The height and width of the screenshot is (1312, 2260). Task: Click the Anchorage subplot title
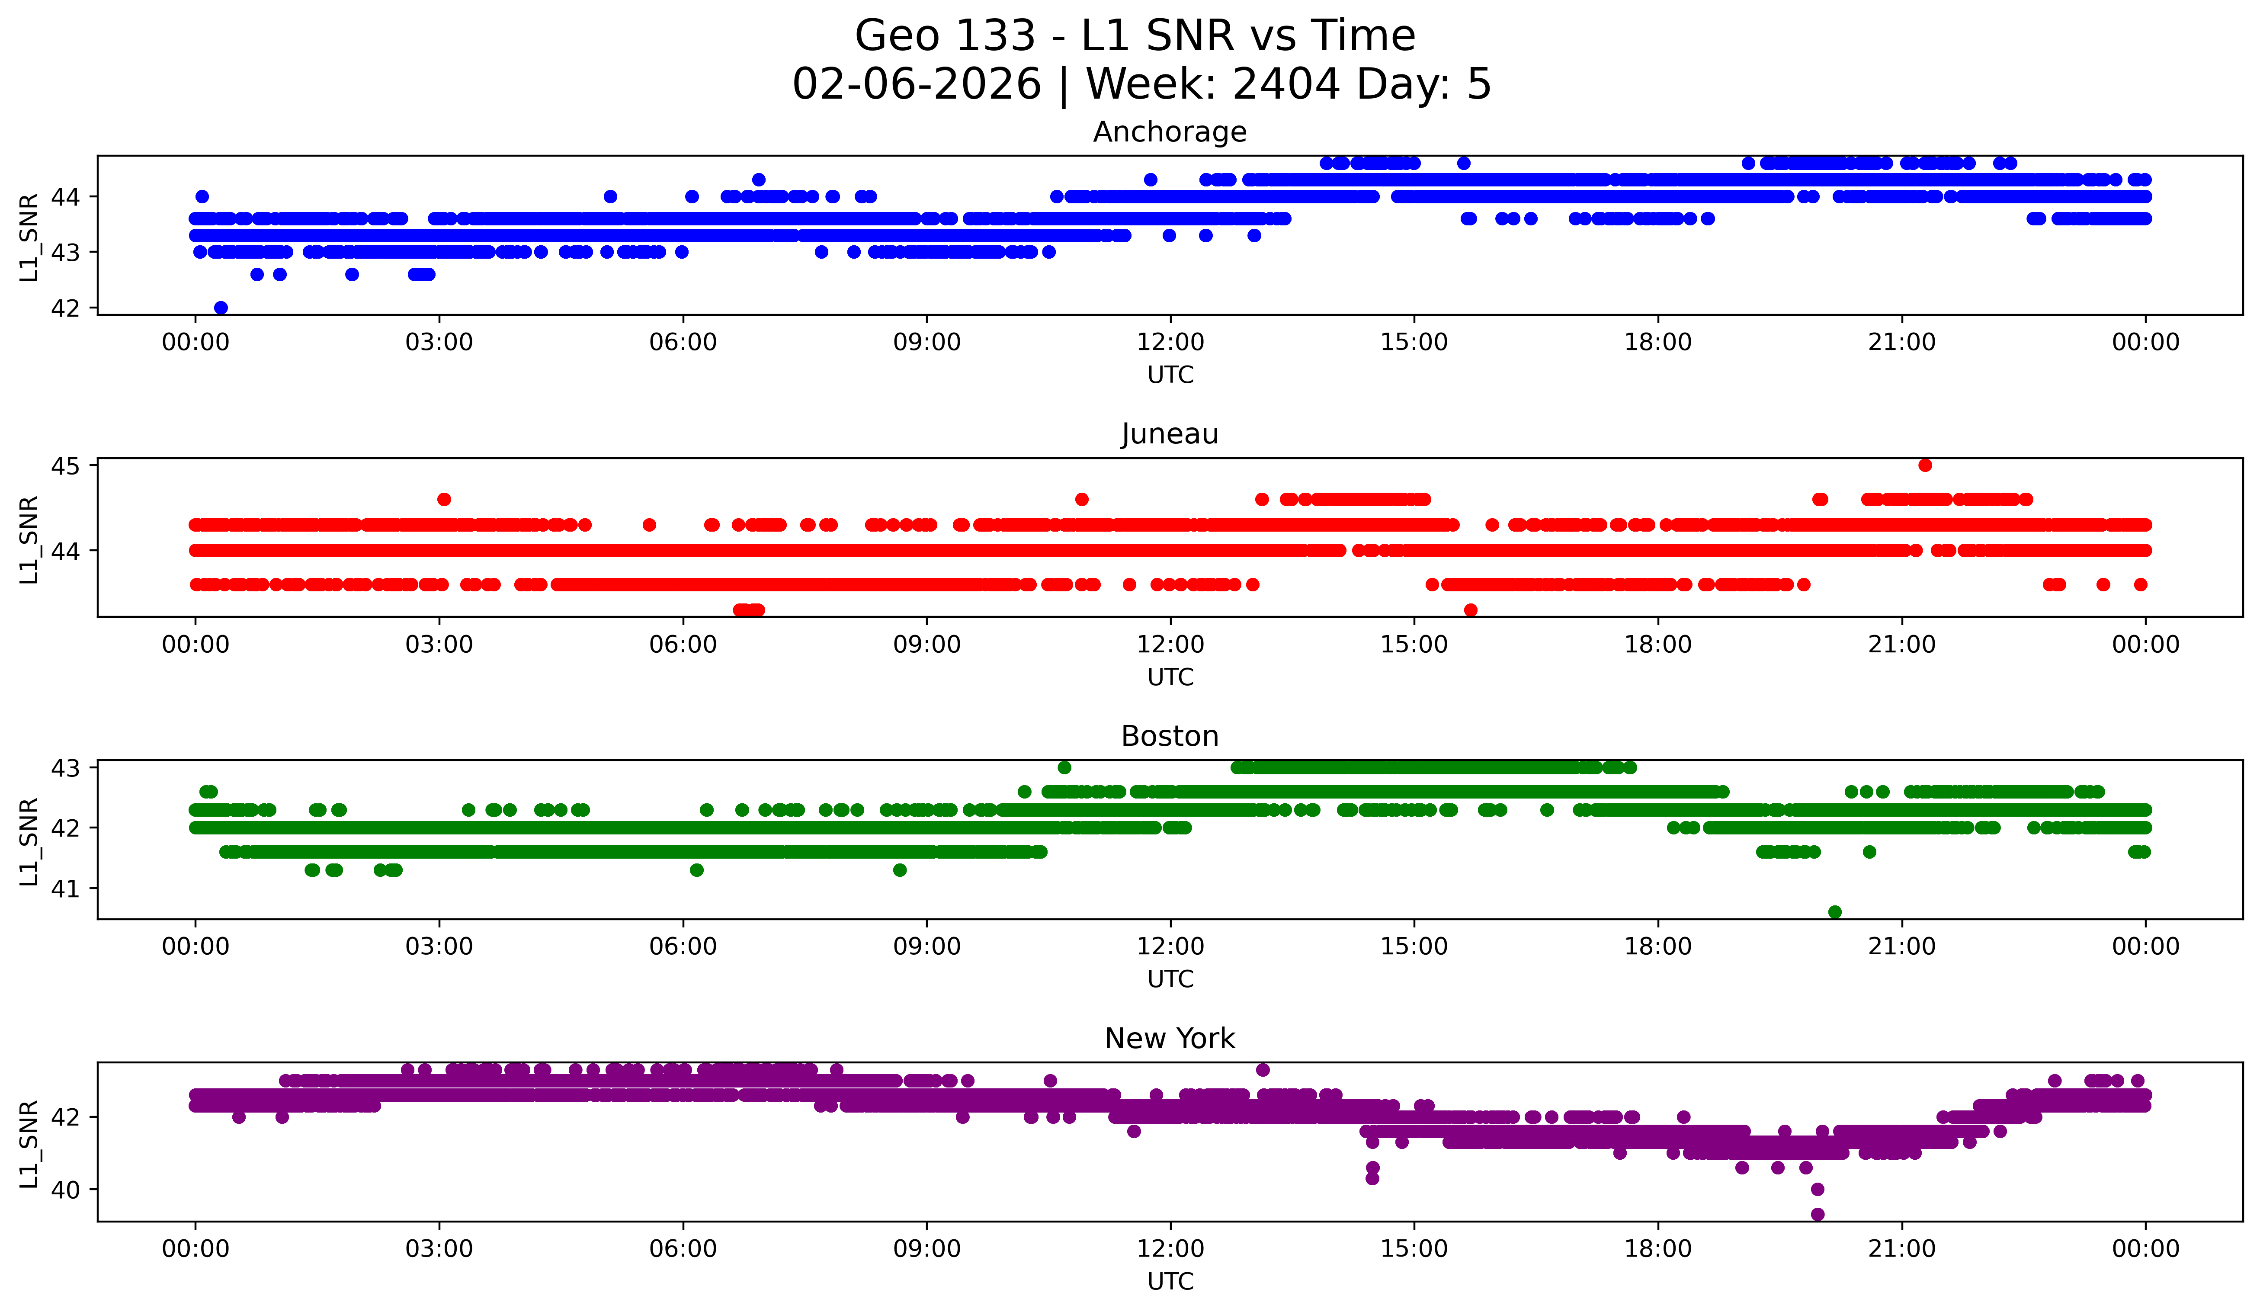click(1170, 132)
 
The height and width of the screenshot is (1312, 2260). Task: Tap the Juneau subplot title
click(1170, 434)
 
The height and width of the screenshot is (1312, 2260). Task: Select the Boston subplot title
click(1170, 736)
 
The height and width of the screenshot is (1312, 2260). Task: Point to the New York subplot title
click(1170, 1039)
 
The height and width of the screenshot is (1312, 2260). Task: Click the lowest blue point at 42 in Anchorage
click(221, 308)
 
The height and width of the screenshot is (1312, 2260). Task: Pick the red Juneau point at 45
click(1925, 465)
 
